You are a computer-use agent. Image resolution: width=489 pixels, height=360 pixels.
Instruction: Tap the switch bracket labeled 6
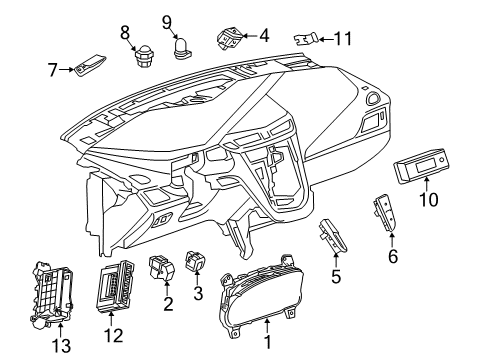pos(383,214)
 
